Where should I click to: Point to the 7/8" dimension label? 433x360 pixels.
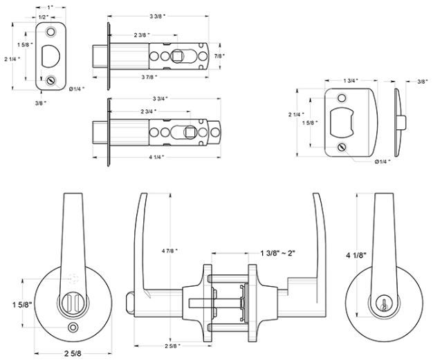[219, 55]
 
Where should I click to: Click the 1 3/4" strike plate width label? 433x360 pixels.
[350, 82]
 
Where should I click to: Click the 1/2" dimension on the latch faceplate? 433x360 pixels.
[43, 16]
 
